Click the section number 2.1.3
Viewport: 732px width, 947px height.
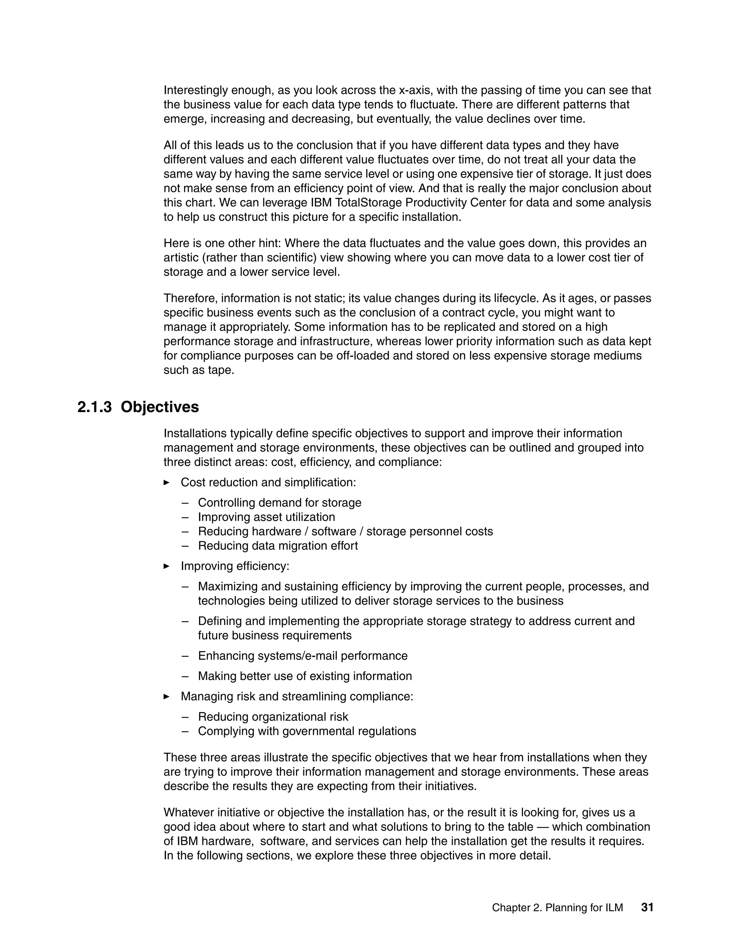click(x=94, y=407)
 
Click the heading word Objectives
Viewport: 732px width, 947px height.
click(x=159, y=407)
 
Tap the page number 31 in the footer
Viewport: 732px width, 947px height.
click(x=647, y=907)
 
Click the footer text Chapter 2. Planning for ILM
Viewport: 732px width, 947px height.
click(x=557, y=908)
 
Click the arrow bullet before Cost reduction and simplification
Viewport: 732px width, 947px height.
click(x=167, y=482)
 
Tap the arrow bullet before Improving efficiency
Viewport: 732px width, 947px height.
click(x=167, y=566)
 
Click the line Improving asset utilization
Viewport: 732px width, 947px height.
click(x=266, y=517)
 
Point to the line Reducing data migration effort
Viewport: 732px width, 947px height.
click(x=277, y=545)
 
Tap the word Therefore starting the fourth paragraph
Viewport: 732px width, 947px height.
click(x=191, y=298)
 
